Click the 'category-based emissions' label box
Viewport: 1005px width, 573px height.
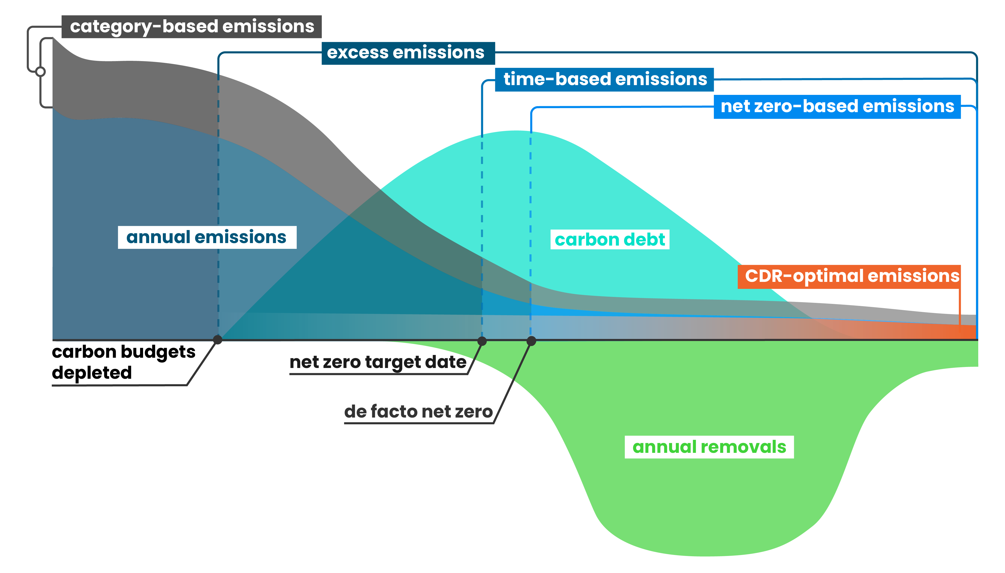[192, 27]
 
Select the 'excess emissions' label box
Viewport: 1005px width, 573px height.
[408, 53]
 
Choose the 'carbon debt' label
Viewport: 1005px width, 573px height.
[610, 240]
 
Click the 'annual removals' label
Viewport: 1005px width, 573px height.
[709, 447]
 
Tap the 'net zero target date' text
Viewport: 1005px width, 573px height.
[378, 362]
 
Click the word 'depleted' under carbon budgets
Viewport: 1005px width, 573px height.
[92, 373]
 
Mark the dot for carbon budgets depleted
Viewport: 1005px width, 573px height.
[217, 340]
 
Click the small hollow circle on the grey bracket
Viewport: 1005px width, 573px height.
[40, 72]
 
